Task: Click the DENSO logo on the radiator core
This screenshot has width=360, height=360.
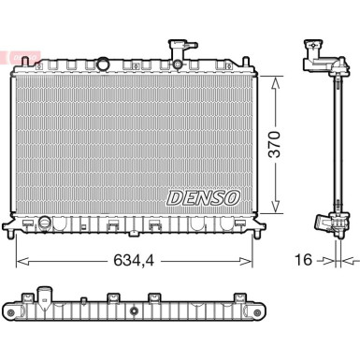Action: [203, 197]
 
